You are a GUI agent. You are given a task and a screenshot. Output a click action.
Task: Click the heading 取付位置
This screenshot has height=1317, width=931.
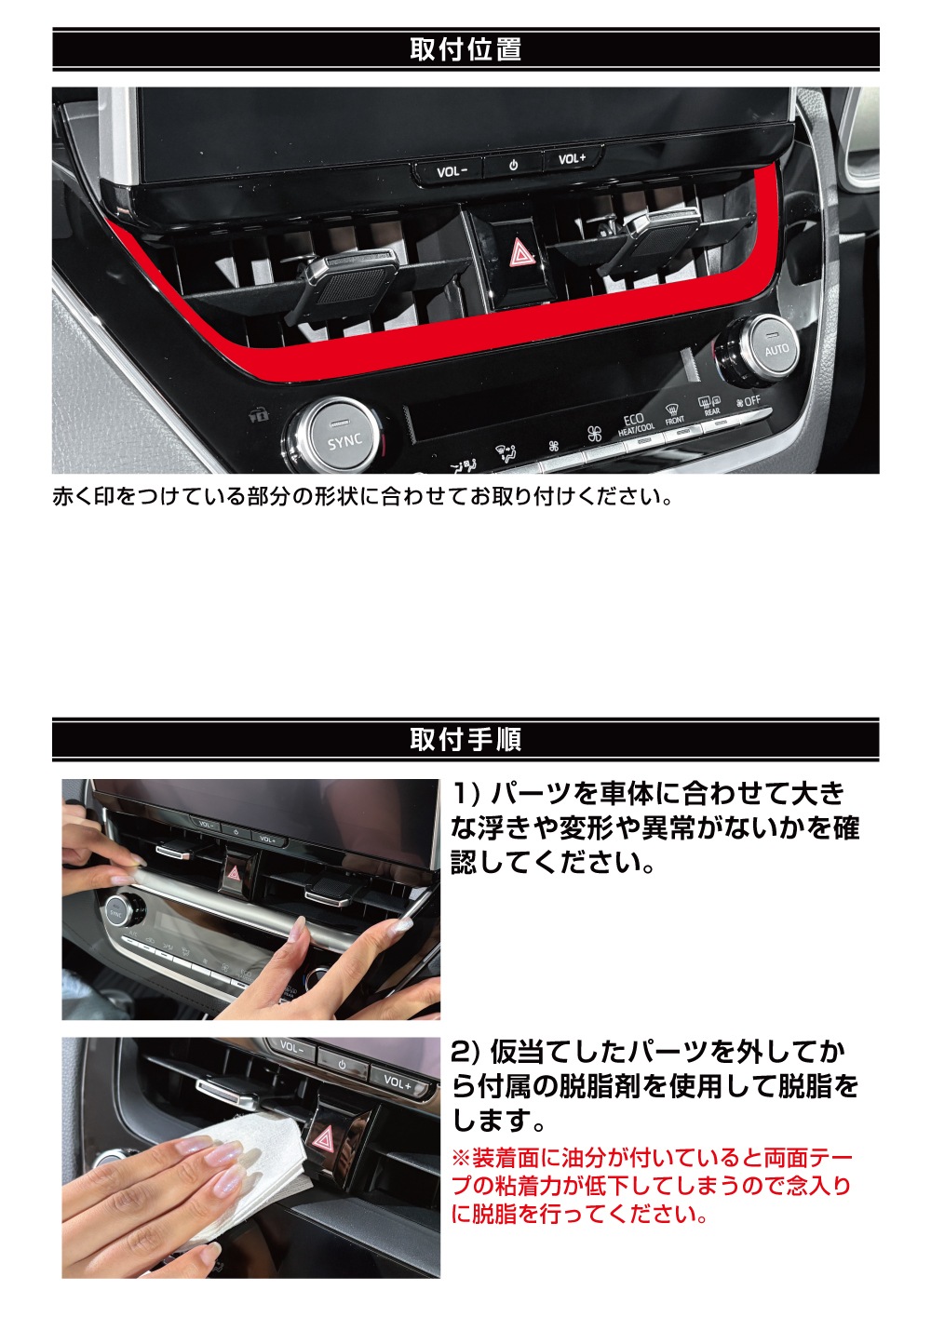pyautogui.click(x=465, y=49)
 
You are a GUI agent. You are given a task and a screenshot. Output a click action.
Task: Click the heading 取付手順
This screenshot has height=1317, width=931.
pyautogui.click(x=465, y=739)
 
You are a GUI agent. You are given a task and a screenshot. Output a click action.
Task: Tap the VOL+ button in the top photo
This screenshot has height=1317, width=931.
pyautogui.click(x=572, y=159)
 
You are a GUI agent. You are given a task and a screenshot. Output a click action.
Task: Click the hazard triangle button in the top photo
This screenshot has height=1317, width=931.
pyautogui.click(x=519, y=254)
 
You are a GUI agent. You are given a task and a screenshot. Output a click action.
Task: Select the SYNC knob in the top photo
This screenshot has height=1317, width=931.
pyautogui.click(x=344, y=437)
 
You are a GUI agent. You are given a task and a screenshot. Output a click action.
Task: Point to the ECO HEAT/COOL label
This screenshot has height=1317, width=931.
pyautogui.click(x=635, y=425)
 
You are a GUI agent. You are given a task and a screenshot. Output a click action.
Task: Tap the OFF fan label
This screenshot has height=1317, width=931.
pyautogui.click(x=749, y=402)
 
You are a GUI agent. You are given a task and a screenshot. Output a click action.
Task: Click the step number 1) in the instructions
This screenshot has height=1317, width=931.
pyautogui.click(x=465, y=794)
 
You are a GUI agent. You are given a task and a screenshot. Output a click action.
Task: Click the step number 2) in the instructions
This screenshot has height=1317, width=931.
pyautogui.click(x=466, y=1051)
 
